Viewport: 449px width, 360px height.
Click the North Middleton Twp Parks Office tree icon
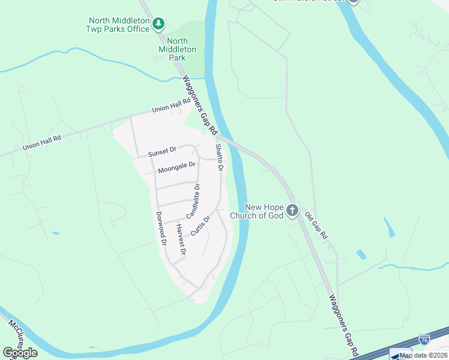pyautogui.click(x=158, y=24)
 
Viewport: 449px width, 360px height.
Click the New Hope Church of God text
pyautogui.click(x=255, y=211)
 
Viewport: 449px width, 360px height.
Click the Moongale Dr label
pyautogui.click(x=177, y=167)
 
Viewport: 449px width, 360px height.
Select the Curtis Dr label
pyautogui.click(x=200, y=226)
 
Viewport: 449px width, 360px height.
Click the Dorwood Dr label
pyautogui.click(x=160, y=229)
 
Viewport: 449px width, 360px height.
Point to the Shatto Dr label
pyautogui.click(x=219, y=157)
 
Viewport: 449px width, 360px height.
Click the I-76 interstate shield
pyautogui.click(x=424, y=340)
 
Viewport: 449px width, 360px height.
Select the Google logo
pyautogui.click(x=20, y=353)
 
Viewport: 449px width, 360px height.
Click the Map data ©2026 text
pyautogui.click(x=423, y=355)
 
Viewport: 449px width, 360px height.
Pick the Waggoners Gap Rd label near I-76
pyautogui.click(x=343, y=326)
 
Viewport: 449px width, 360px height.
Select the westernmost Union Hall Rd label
pyautogui.click(x=42, y=142)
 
